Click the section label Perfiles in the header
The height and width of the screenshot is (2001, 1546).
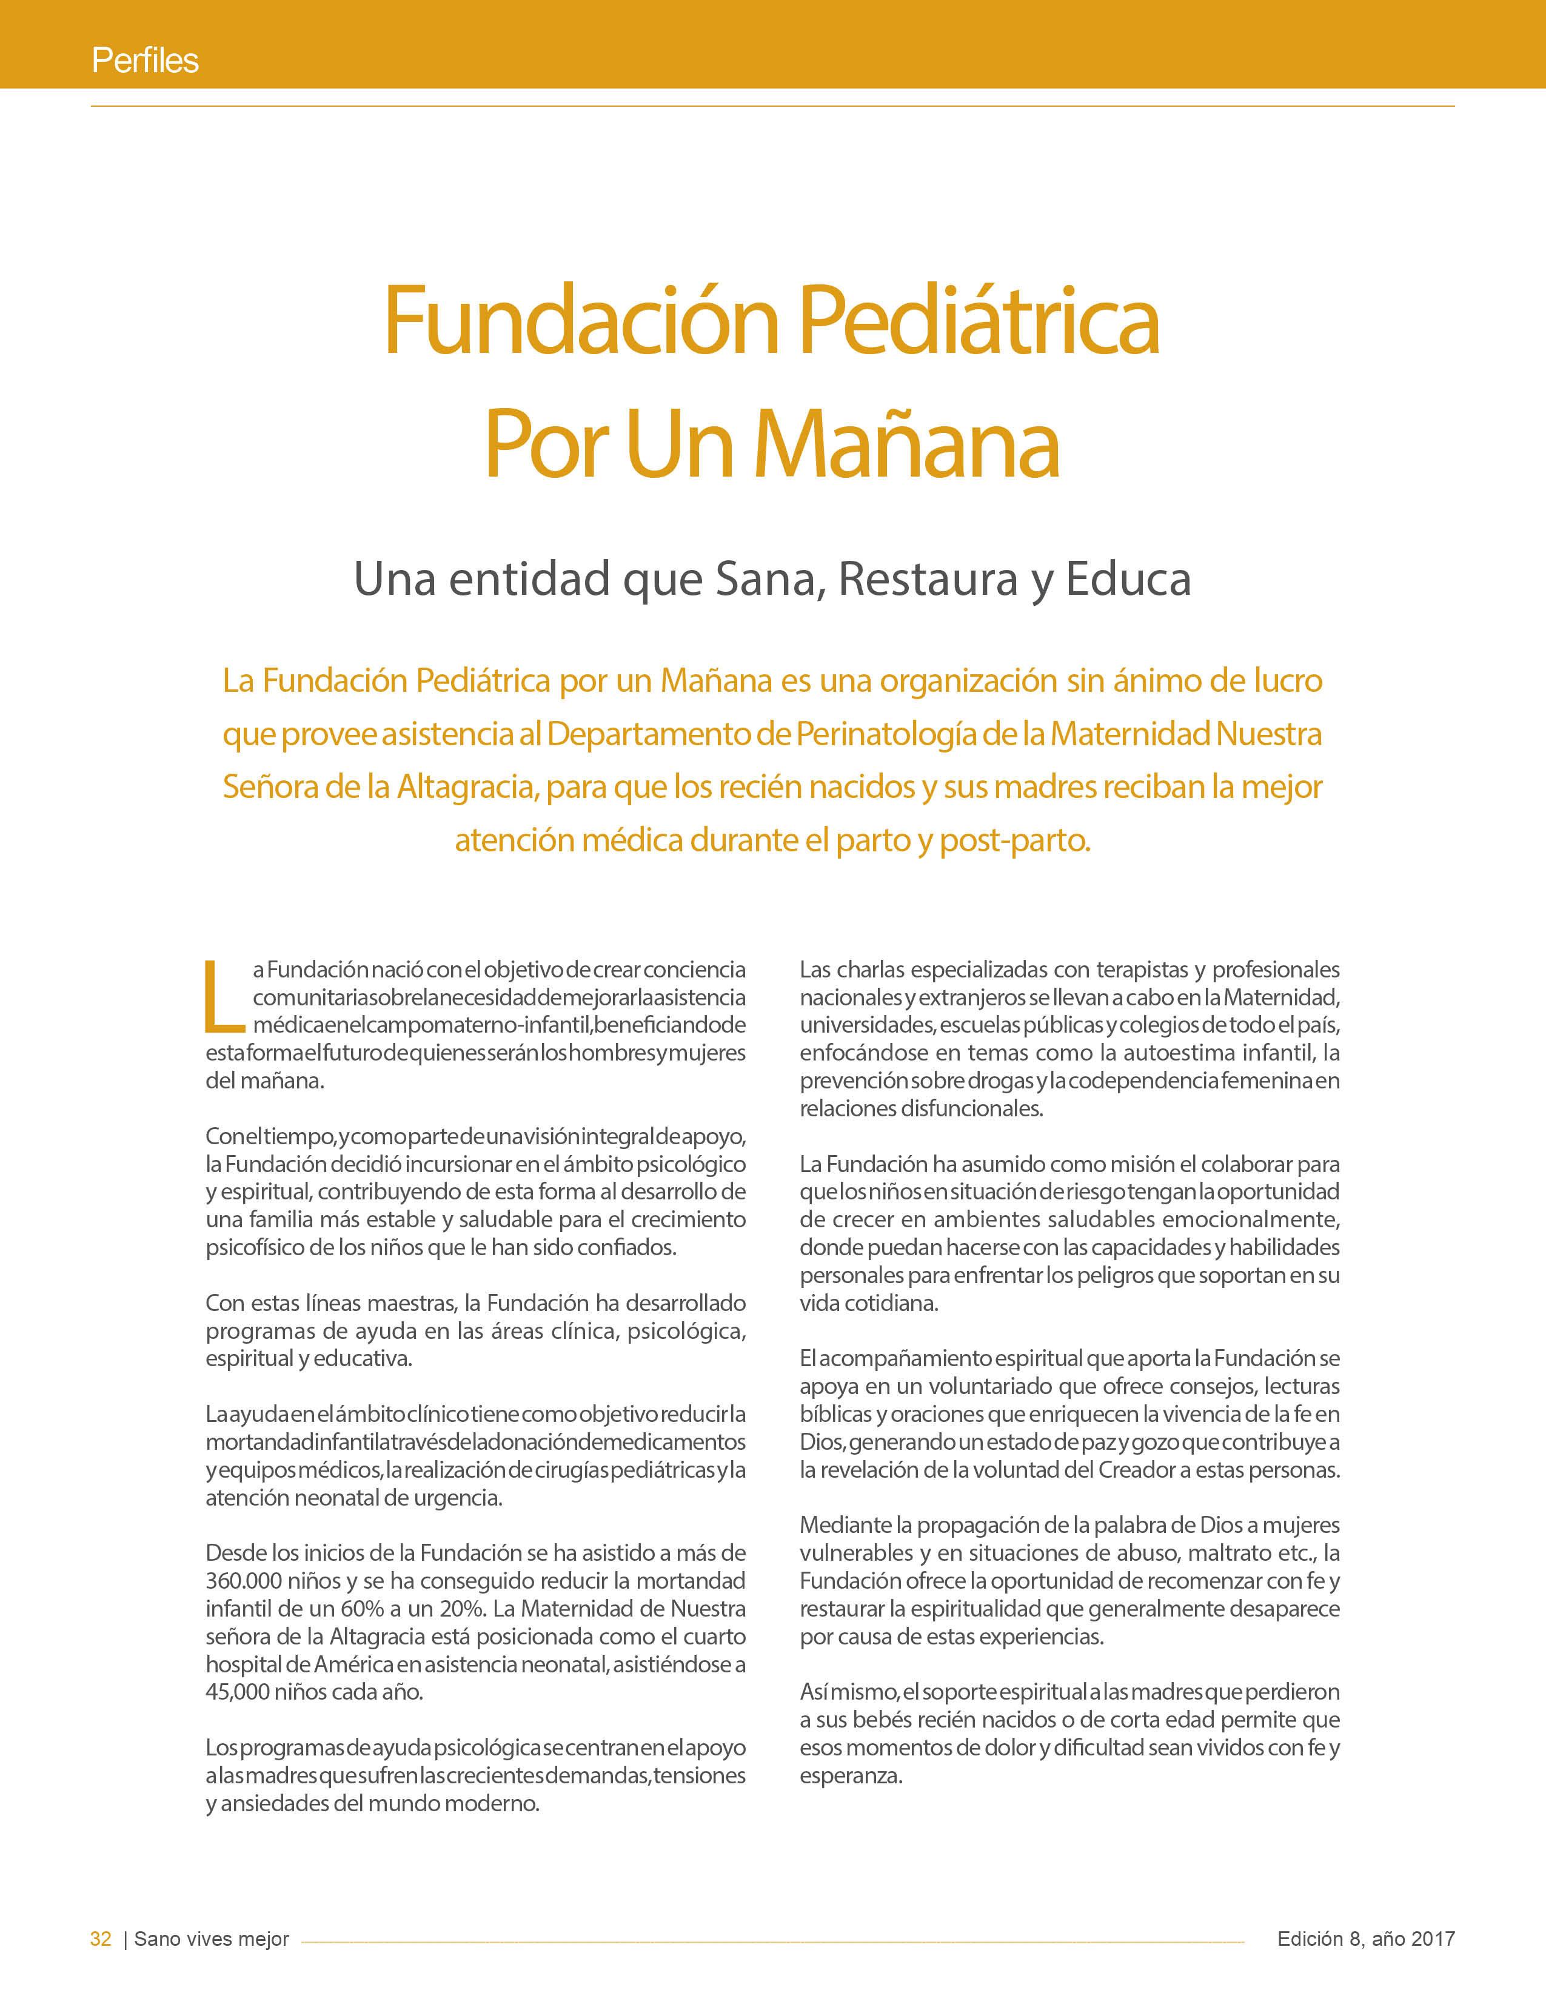pos(145,61)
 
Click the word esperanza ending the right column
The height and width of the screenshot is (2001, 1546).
pos(851,1775)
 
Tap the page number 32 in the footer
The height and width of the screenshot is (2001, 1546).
pos(101,1939)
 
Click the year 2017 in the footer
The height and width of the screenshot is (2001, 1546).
pos(1433,1939)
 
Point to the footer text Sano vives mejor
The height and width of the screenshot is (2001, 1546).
pos(212,1939)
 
